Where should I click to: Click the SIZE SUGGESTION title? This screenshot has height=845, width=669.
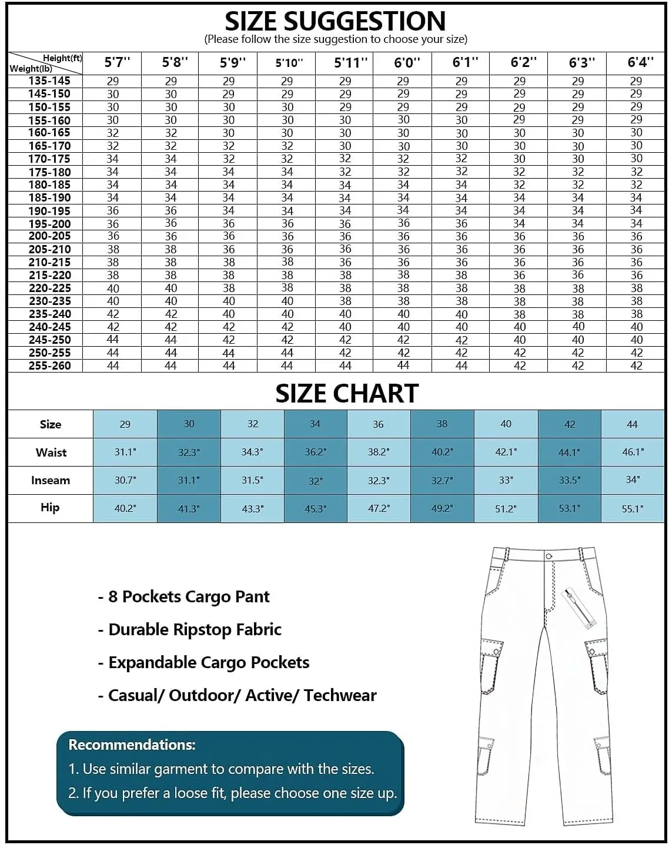[335, 22]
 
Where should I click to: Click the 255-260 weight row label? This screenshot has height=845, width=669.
[49, 366]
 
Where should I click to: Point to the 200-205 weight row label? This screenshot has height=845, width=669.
[49, 236]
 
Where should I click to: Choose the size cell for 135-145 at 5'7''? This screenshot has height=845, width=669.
[112, 81]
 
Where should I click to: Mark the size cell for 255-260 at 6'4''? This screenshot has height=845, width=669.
[636, 366]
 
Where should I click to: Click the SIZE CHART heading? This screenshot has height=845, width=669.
[347, 394]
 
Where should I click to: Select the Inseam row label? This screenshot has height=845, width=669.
[51, 481]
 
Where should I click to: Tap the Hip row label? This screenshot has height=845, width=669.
[50, 508]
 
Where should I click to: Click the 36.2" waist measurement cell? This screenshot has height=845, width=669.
[315, 452]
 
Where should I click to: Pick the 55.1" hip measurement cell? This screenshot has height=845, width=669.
[632, 509]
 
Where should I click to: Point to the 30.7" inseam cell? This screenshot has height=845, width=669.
[125, 480]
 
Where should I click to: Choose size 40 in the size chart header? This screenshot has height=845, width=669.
[506, 424]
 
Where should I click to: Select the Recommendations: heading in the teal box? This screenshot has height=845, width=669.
[132, 745]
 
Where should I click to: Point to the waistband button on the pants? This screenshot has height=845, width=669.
[548, 556]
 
